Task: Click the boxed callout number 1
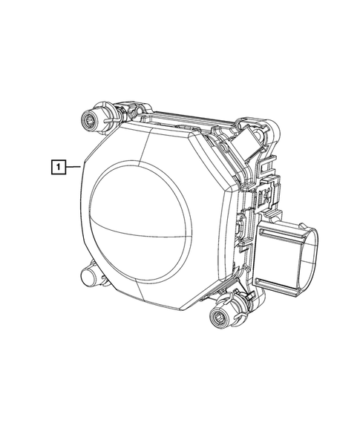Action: pyautogui.click(x=56, y=166)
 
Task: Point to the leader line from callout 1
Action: pyautogui.click(x=72, y=167)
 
